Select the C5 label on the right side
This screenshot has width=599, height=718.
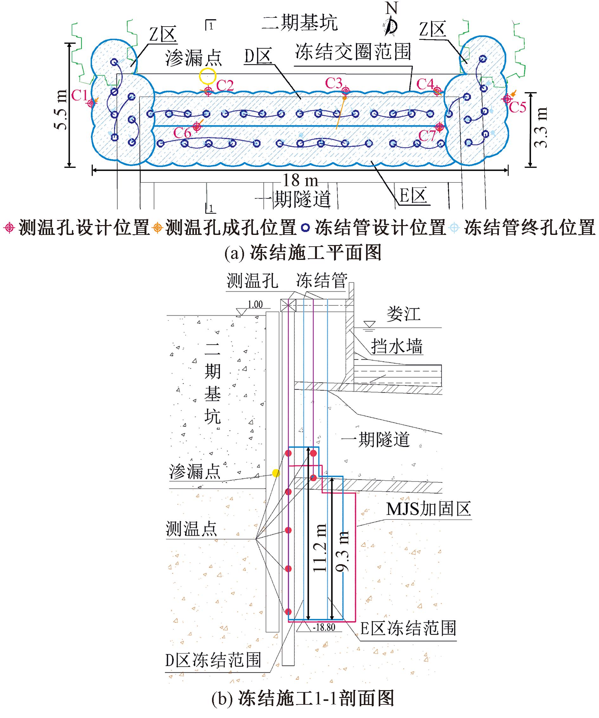tap(517, 107)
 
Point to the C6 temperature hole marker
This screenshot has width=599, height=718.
tap(196, 127)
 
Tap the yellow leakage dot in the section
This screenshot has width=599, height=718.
tap(276, 473)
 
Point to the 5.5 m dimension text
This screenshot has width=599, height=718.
tap(61, 110)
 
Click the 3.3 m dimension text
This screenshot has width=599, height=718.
tap(541, 127)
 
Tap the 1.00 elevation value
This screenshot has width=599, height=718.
tap(255, 304)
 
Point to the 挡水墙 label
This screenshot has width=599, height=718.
tap(397, 346)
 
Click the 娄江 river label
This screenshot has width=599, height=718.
tap(403, 313)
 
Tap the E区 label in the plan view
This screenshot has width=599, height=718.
tap(413, 196)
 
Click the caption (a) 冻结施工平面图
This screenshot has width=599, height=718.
tap(303, 253)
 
